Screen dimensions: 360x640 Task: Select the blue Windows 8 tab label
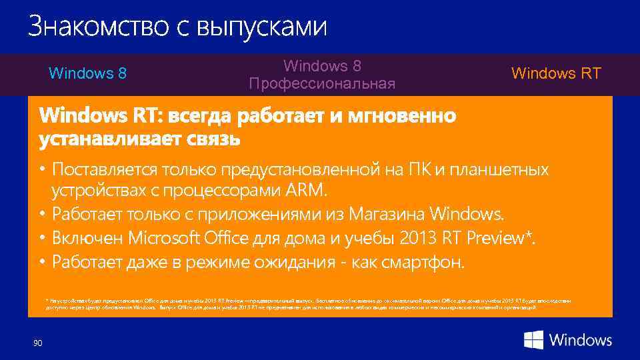click(88, 73)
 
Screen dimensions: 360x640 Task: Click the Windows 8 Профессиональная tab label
click(322, 75)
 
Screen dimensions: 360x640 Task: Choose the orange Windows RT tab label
click(556, 73)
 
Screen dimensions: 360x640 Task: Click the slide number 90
click(37, 343)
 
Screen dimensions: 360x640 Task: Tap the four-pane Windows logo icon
click(533, 340)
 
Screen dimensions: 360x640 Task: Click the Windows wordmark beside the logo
click(581, 340)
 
